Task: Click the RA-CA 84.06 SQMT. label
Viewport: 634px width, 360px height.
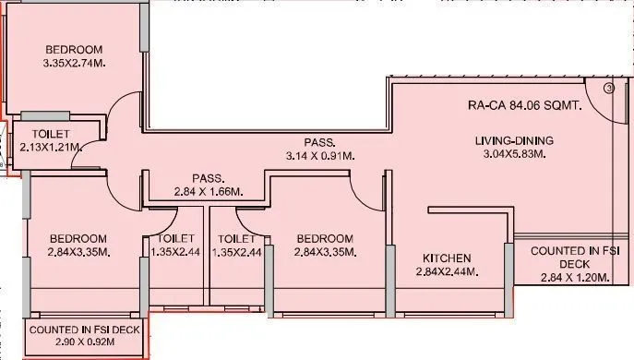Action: (x=524, y=106)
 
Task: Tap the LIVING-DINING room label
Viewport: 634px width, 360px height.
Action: (x=514, y=140)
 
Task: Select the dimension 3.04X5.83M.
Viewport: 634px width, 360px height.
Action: (x=514, y=154)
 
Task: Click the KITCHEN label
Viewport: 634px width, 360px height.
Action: (x=447, y=258)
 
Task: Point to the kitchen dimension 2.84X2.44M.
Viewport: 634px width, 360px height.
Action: (x=447, y=271)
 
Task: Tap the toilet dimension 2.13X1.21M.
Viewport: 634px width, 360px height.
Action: (x=51, y=147)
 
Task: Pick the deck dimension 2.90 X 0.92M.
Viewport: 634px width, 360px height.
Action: (x=85, y=342)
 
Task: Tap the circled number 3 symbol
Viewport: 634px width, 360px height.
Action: (x=610, y=89)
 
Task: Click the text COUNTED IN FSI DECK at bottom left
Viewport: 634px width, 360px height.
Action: (x=85, y=329)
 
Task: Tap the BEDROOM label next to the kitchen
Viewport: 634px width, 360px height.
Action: (x=323, y=237)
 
